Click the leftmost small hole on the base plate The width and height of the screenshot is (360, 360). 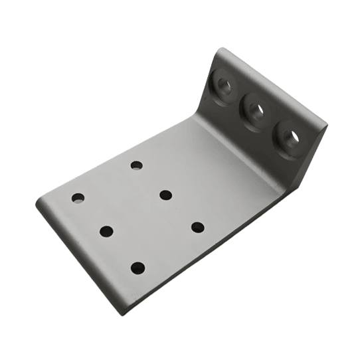pos(78,198)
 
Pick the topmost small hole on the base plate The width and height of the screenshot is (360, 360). pos(136,165)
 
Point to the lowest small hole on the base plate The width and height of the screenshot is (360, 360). pos(137,268)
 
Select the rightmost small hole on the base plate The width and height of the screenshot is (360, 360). pos(198,227)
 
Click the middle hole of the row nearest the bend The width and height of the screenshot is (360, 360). pos(166,195)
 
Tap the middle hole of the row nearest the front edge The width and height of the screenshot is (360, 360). pos(106,231)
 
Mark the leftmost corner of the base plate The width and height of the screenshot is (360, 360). pos(37,202)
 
